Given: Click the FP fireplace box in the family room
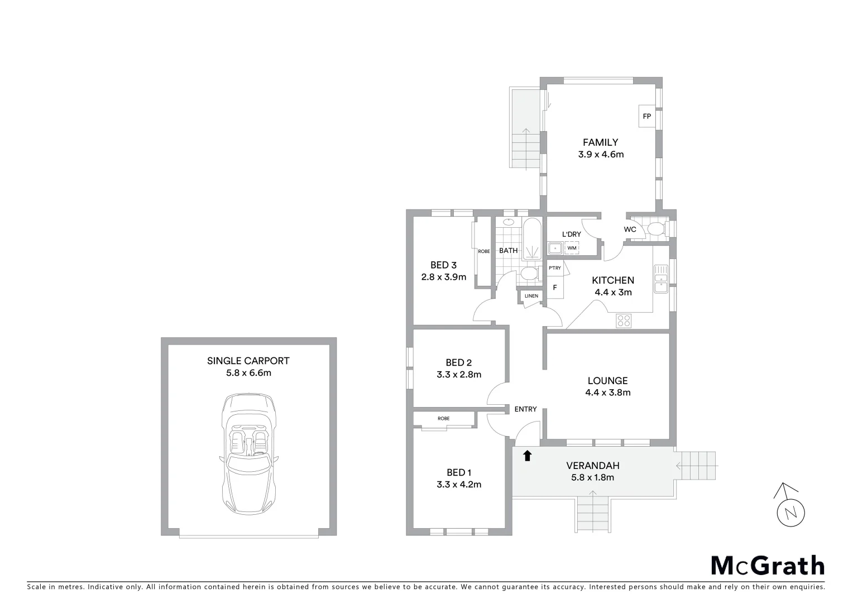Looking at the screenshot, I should [x=647, y=116].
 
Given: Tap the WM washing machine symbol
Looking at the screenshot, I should [x=572, y=248].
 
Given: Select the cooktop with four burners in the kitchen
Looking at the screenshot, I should [x=624, y=320].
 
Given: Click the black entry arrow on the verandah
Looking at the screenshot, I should [x=527, y=456].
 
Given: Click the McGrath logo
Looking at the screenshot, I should [x=767, y=566].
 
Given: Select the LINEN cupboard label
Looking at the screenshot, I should [x=531, y=296].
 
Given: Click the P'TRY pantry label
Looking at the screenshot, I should [x=554, y=269].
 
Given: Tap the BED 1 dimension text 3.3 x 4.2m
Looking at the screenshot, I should [x=459, y=485].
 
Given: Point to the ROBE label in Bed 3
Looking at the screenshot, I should [x=483, y=251].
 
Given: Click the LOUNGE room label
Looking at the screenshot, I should [x=607, y=381].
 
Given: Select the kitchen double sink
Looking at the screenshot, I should [x=661, y=283].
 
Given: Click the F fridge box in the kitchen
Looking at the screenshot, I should [x=555, y=288].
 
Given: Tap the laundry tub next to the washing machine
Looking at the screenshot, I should [x=555, y=248].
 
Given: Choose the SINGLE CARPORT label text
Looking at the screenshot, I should [x=248, y=361].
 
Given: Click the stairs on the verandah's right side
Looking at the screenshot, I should [x=697, y=466].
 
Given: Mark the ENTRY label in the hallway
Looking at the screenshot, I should [x=525, y=409].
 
